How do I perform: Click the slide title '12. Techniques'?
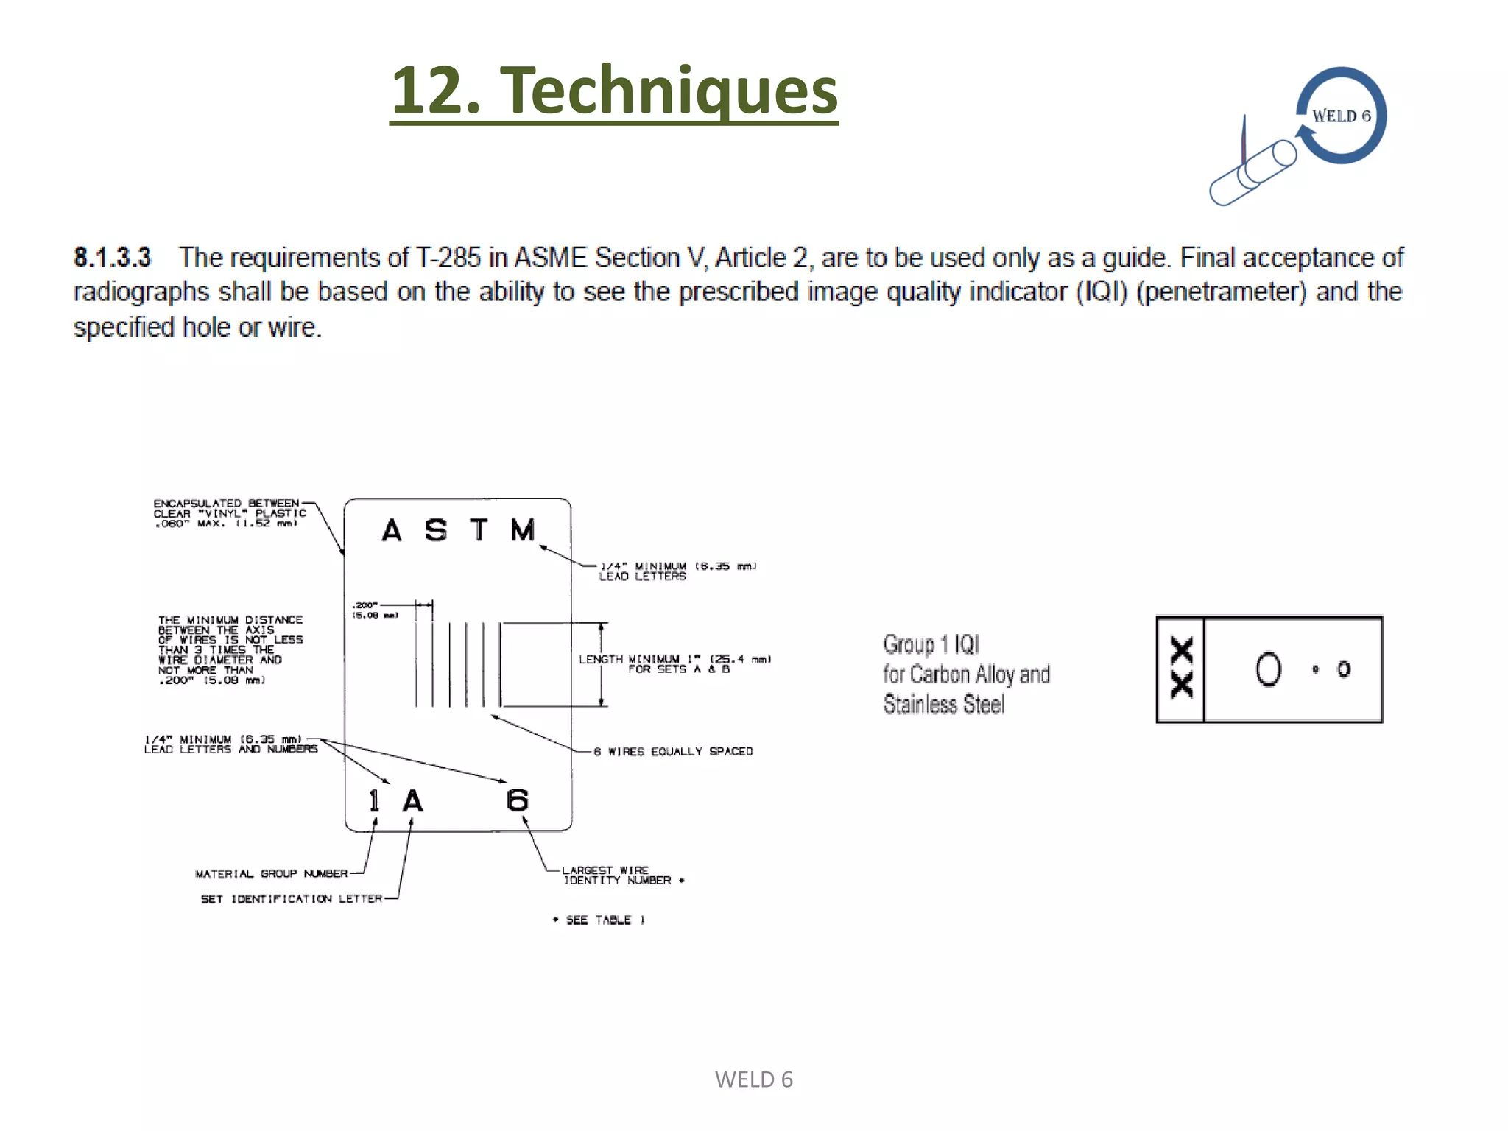(x=613, y=91)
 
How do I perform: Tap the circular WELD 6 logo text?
(x=1341, y=116)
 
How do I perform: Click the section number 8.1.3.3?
(x=112, y=258)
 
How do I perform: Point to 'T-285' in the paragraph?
(x=448, y=258)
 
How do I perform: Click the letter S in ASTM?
(x=436, y=530)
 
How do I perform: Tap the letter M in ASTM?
(x=523, y=530)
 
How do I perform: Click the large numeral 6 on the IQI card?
(x=518, y=800)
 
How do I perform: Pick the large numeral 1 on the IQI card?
(x=374, y=801)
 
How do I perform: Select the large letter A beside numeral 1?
(x=412, y=801)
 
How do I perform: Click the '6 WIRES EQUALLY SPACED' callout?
(x=673, y=752)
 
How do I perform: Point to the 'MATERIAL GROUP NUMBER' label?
(x=271, y=874)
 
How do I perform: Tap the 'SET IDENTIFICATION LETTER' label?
(x=292, y=899)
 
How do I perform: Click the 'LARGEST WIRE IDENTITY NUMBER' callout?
(x=617, y=875)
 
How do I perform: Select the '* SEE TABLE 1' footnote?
(x=599, y=920)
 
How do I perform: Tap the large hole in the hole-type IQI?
(x=1268, y=669)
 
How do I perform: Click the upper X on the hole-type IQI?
(x=1182, y=650)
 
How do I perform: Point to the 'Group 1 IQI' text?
(x=931, y=645)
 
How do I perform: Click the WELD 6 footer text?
(x=753, y=1079)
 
